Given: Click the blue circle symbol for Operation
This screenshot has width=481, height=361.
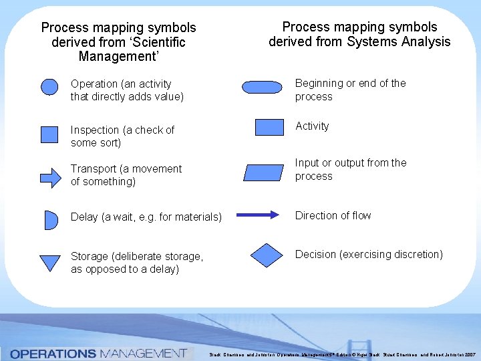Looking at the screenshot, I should (50, 88).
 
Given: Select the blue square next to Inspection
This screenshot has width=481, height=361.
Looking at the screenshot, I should (50, 134).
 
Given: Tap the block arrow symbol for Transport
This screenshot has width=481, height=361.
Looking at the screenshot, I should (51, 178).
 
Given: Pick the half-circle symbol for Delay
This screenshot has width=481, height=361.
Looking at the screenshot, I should (50, 219).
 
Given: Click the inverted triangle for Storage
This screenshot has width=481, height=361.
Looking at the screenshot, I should (50, 262).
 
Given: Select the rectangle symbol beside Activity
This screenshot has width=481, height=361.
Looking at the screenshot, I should (270, 128).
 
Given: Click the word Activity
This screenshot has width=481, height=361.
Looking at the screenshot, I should (312, 126).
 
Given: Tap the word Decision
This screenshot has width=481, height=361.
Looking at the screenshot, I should (317, 254).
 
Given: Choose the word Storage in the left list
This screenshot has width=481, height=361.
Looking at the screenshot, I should (90, 257).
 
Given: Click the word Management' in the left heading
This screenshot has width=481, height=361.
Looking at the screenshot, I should (119, 56).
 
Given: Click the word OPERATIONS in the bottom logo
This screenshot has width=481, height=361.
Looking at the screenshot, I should (53, 353).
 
